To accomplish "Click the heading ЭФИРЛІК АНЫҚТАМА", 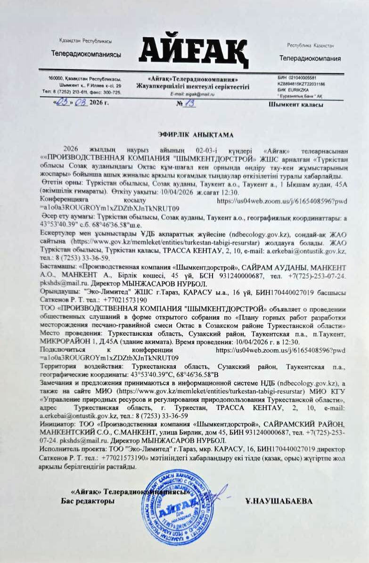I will pyautogui.click(x=195, y=135).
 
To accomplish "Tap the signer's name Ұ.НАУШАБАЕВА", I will pyautogui.click(x=279, y=501).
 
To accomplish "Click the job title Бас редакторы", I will pyautogui.click(x=88, y=501).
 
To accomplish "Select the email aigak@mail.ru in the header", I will pyautogui.click(x=193, y=94).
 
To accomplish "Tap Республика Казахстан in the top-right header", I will pyautogui.click(x=311, y=45).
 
